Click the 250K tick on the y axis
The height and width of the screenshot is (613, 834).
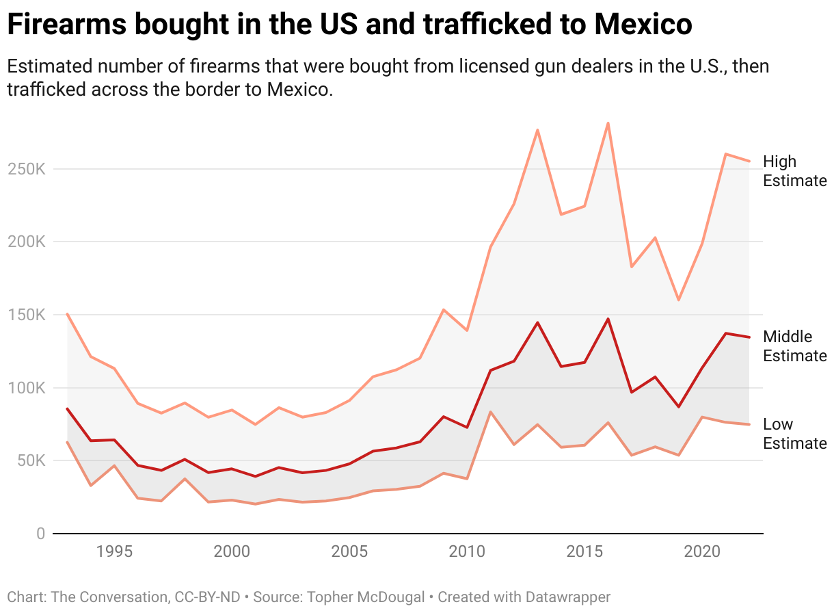pyautogui.click(x=26, y=169)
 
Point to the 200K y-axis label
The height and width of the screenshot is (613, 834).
pyautogui.click(x=26, y=242)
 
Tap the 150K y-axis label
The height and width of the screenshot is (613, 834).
pyautogui.click(x=26, y=315)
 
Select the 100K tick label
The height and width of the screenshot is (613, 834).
pyautogui.click(x=26, y=388)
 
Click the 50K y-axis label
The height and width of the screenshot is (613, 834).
pyautogui.click(x=30, y=461)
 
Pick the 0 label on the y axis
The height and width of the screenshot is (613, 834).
pyautogui.click(x=40, y=534)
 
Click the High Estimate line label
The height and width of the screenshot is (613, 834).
pyautogui.click(x=794, y=171)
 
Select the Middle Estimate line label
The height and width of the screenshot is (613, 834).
pyautogui.click(x=794, y=346)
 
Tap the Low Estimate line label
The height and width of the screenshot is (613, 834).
pyautogui.click(x=794, y=434)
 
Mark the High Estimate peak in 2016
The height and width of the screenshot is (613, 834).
pyautogui.click(x=608, y=123)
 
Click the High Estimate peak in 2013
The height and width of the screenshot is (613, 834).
pyautogui.click(x=537, y=130)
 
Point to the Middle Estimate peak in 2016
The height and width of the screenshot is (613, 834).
pyautogui.click(x=608, y=319)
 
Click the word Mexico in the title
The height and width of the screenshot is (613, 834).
pyautogui.click(x=643, y=25)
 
